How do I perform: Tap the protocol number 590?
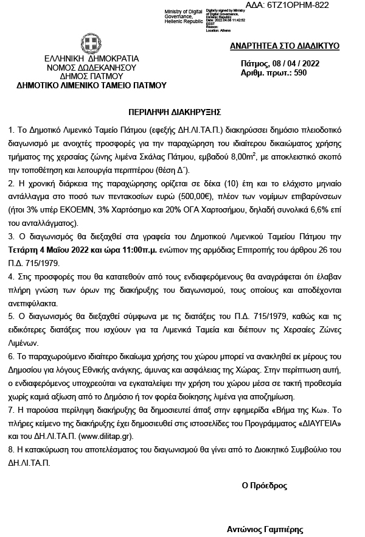[301, 73]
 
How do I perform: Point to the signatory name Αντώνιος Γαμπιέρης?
[265, 530]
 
